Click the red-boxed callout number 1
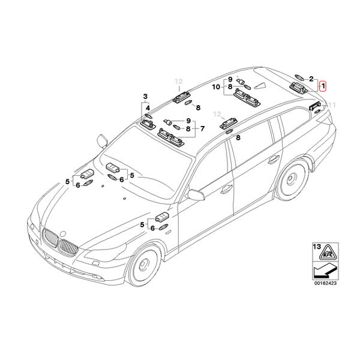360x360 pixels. [323, 86]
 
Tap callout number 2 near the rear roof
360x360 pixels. [311, 79]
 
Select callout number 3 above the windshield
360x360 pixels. [145, 97]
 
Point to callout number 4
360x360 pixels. [148, 108]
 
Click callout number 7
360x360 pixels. [202, 128]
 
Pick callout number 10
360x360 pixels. [216, 87]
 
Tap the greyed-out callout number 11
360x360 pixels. [331, 106]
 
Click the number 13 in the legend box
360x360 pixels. [317, 247]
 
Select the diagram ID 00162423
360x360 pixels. [325, 283]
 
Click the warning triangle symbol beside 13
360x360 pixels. [328, 252]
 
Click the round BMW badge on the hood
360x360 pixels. [62, 234]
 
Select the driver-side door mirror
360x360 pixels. [196, 194]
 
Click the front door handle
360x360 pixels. [226, 189]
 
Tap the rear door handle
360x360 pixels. [274, 160]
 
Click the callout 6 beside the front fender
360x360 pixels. [152, 228]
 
